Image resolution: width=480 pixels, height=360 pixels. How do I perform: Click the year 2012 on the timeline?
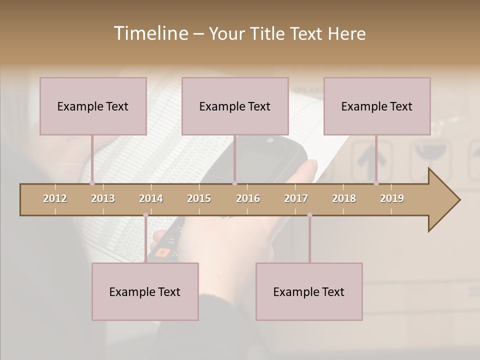tap(55, 198)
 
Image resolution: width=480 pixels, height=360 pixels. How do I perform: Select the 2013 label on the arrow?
tap(103, 198)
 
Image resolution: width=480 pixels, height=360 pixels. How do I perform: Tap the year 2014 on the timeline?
tap(151, 198)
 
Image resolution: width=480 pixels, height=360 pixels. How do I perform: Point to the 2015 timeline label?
tap(199, 198)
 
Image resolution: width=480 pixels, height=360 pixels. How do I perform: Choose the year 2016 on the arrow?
tap(248, 198)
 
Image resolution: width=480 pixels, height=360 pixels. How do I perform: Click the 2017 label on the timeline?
tap(296, 198)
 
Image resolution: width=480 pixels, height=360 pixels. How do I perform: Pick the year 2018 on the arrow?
tap(344, 198)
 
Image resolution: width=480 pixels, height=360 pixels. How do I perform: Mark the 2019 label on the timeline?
tap(392, 198)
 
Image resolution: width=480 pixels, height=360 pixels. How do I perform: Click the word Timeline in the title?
tap(149, 33)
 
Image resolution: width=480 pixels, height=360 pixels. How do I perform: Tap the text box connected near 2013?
tap(93, 106)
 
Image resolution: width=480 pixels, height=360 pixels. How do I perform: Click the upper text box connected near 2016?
tap(235, 106)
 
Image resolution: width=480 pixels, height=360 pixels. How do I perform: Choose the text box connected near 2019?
tap(377, 106)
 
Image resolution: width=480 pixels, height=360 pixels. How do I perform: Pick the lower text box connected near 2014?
tap(145, 291)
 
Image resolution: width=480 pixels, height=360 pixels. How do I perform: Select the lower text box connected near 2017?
tap(309, 291)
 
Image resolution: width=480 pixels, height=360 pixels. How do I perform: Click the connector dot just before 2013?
tap(92, 183)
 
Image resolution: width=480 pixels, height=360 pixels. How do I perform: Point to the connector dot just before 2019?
tap(376, 183)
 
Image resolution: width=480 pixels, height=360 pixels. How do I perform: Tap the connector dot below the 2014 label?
tap(145, 215)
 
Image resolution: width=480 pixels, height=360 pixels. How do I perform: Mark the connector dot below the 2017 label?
tap(309, 215)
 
